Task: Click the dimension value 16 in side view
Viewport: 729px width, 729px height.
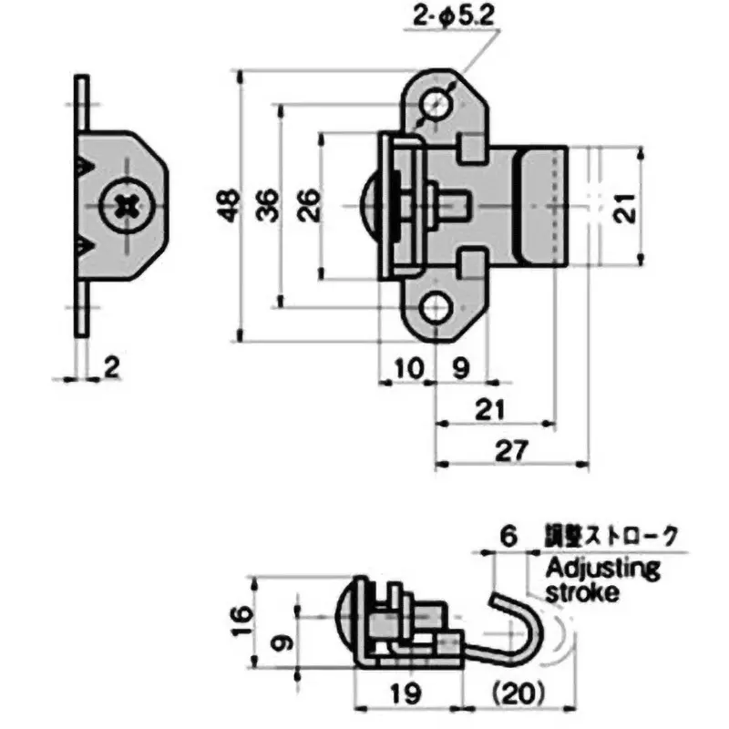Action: [240, 626]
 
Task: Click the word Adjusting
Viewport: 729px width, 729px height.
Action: [602, 570]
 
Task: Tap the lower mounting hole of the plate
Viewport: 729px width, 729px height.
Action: [437, 309]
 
